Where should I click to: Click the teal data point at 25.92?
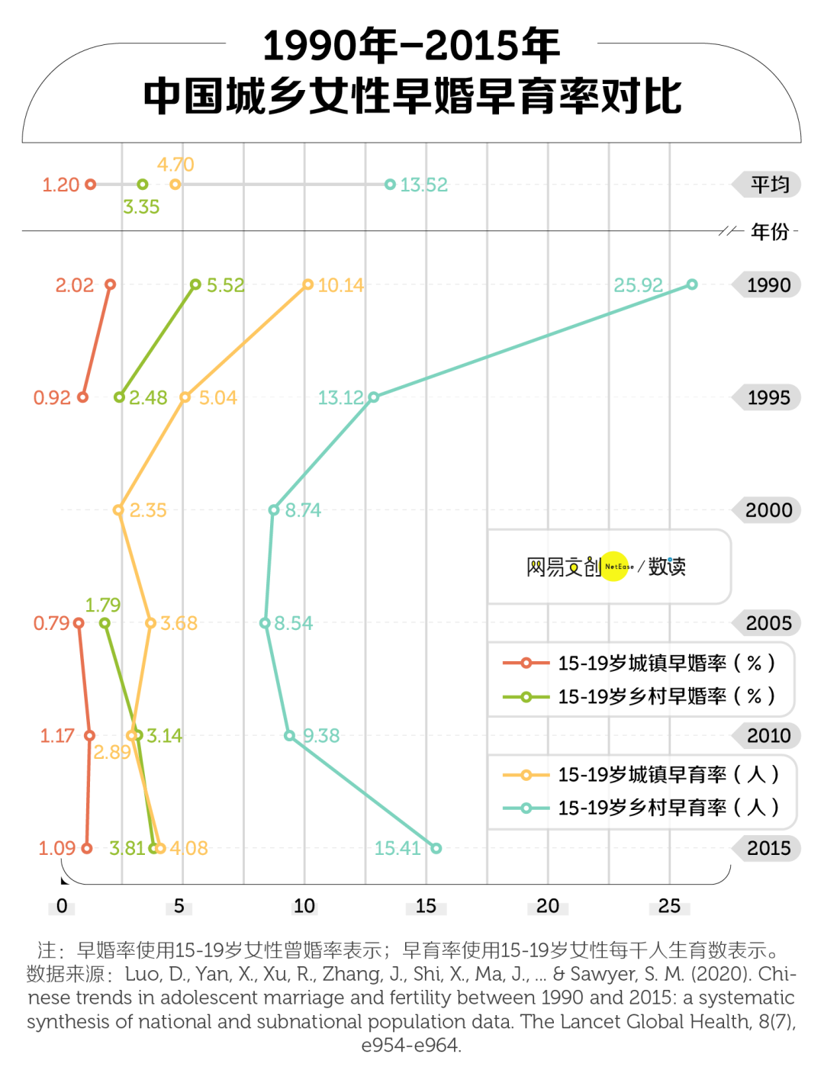[x=692, y=284]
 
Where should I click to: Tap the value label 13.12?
[x=340, y=397]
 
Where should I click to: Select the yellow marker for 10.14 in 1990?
[x=308, y=284]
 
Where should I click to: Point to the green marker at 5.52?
[x=195, y=284]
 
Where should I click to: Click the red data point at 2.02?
[x=110, y=284]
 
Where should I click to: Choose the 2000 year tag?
[x=768, y=509]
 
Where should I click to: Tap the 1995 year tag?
[x=768, y=397]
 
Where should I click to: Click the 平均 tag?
[x=769, y=185]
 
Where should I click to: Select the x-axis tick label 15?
[x=426, y=906]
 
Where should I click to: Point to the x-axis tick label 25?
[x=669, y=906]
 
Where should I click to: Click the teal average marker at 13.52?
[x=390, y=185]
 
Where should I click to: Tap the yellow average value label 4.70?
[x=175, y=165]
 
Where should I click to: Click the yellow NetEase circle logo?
[x=615, y=567]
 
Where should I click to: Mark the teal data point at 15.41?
[x=436, y=848]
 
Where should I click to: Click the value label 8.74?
[x=303, y=510]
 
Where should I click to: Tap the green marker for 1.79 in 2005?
[x=105, y=623]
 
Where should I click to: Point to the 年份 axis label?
[x=769, y=231]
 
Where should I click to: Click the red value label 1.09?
[x=56, y=848]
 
